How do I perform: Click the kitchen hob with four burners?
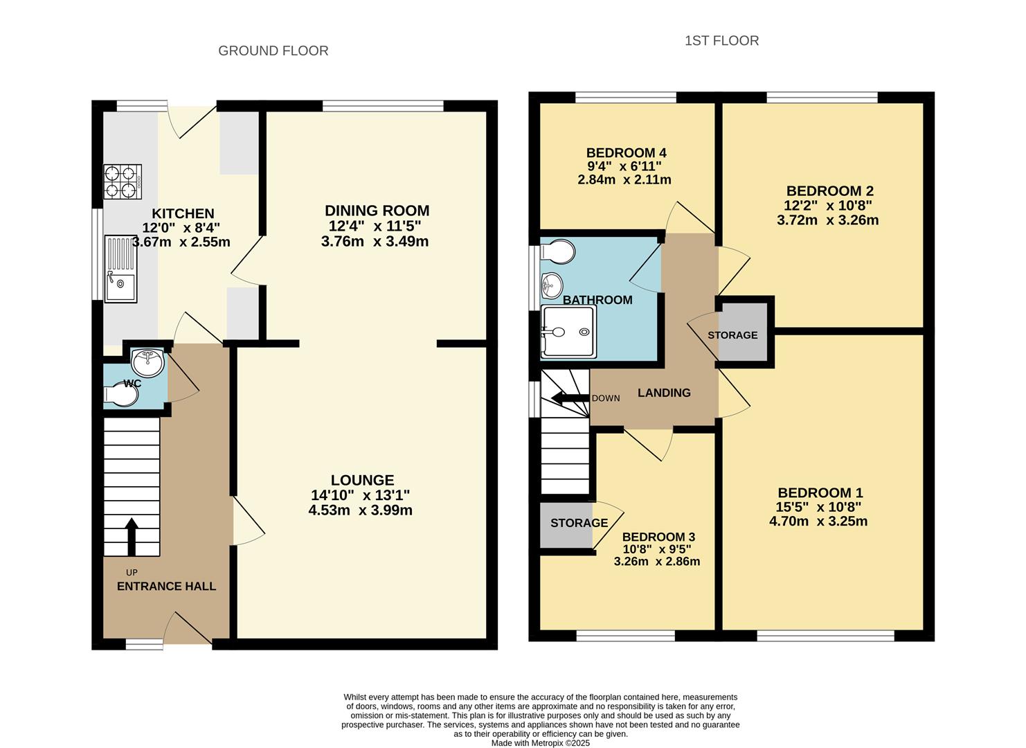(x=123, y=181)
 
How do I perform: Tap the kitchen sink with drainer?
(x=120, y=269)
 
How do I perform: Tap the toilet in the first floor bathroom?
(x=557, y=251)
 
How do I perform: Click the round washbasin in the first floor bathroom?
(x=552, y=285)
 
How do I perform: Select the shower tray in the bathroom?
(x=568, y=331)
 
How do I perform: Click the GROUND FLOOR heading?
(x=273, y=51)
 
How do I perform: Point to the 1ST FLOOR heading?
(x=722, y=41)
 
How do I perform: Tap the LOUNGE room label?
(x=362, y=480)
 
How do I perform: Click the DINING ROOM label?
(x=377, y=211)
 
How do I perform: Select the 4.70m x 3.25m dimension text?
(x=818, y=521)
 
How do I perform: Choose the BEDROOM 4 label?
(x=626, y=152)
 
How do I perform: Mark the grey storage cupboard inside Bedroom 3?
(x=566, y=525)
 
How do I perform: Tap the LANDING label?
(x=664, y=393)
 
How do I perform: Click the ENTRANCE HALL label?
(x=166, y=586)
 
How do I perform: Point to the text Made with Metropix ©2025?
(x=541, y=743)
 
